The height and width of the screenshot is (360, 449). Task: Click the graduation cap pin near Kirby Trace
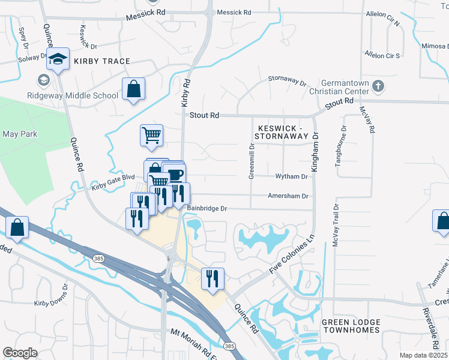58,59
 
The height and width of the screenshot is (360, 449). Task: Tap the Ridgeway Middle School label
72,95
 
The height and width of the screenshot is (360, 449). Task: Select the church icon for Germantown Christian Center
378,86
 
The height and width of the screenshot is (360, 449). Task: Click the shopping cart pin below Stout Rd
152,134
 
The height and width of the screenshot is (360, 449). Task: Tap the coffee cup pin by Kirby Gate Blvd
175,174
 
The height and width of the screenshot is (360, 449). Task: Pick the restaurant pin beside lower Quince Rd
212,278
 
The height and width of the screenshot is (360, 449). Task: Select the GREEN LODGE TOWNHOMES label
351,326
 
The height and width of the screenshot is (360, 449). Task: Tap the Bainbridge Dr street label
206,208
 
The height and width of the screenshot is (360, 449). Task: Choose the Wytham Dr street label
291,176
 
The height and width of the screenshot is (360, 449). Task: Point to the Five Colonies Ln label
292,254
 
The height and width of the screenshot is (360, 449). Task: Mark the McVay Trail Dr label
336,225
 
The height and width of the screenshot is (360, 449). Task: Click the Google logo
20,353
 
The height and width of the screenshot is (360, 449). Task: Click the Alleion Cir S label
382,55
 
